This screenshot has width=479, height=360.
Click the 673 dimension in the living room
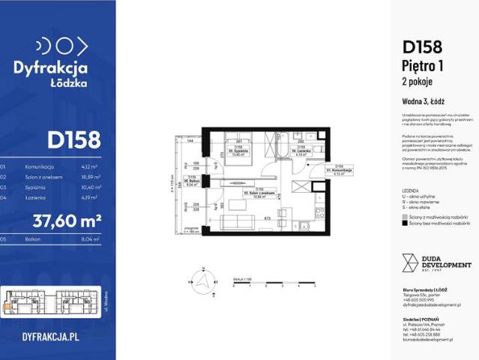tap(267, 217)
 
